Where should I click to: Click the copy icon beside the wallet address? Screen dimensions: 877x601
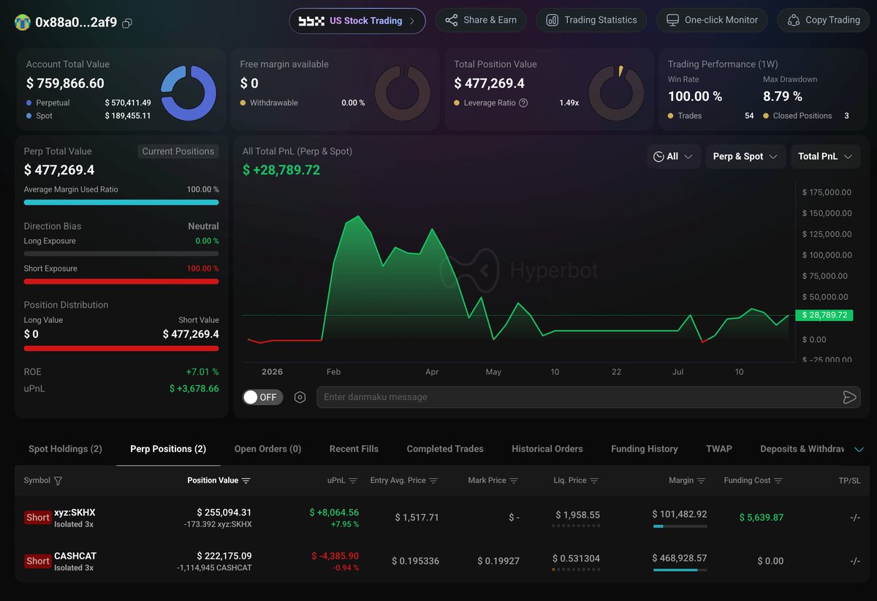(x=127, y=23)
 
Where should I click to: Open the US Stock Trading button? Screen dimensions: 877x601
(x=357, y=20)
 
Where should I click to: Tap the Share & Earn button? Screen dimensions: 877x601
(x=481, y=20)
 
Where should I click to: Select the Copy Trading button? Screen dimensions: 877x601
(x=824, y=20)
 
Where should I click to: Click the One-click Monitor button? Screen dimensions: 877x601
(x=712, y=20)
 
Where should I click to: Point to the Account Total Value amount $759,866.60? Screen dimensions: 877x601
(x=65, y=83)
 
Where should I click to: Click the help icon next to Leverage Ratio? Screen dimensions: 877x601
(x=523, y=102)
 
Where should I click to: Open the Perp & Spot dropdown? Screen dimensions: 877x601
(x=745, y=156)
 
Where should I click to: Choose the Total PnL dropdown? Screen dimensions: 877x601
(x=825, y=156)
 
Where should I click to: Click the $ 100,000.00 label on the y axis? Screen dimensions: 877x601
(x=827, y=255)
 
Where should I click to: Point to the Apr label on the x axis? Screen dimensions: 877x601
(x=432, y=372)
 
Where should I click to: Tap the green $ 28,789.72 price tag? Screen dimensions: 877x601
(x=824, y=315)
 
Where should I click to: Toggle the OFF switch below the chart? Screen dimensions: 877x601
(x=262, y=397)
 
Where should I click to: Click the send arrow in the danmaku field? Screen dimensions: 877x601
(x=848, y=397)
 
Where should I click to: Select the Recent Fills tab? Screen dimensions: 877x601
(x=354, y=449)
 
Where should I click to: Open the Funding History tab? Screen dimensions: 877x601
(x=644, y=449)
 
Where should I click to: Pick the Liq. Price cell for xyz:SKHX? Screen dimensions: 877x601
(x=577, y=515)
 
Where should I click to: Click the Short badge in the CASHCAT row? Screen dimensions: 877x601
(x=37, y=561)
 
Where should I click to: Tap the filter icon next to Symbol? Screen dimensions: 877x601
(x=58, y=480)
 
